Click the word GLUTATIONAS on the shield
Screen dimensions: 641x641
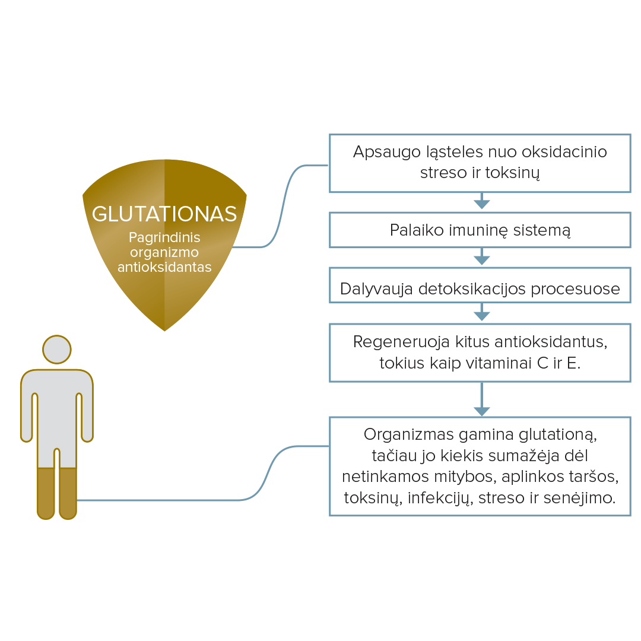164,214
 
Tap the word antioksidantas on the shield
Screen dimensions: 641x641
164,267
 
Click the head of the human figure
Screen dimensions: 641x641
57,350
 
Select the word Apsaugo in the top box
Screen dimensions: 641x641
378,152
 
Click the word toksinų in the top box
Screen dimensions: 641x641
515,173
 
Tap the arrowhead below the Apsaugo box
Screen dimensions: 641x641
481,204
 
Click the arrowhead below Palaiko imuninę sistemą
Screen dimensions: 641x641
481,260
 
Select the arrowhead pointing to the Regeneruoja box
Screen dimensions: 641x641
481,316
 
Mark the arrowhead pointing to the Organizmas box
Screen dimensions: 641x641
481,411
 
